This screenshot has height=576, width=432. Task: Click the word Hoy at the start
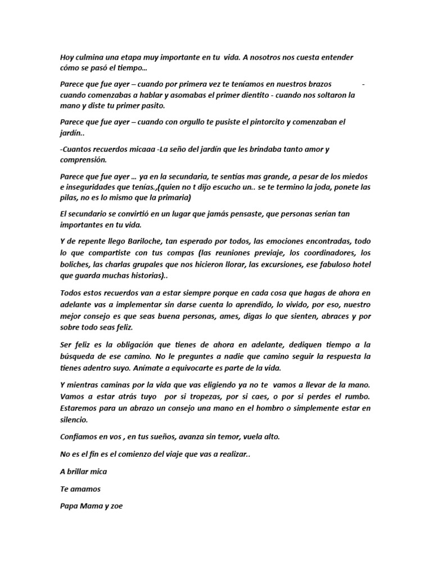(x=67, y=58)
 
